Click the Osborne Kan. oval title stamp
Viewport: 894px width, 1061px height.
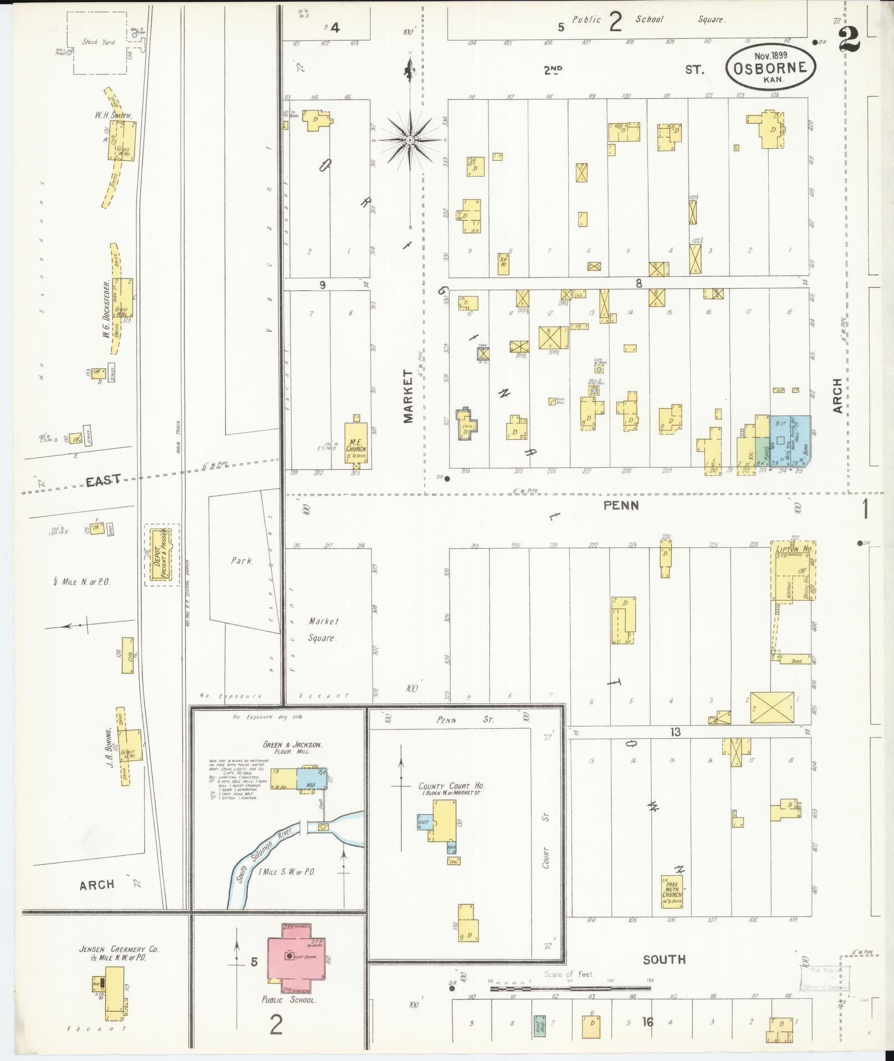tap(771, 66)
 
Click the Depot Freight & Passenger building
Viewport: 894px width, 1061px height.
tap(162, 556)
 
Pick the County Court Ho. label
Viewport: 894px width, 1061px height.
tap(452, 786)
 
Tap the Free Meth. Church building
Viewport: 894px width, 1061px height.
tap(672, 892)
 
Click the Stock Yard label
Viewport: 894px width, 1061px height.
tap(99, 42)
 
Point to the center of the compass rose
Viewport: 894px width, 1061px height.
tap(409, 140)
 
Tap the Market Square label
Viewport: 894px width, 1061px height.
tap(323, 630)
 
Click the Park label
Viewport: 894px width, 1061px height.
tap(242, 561)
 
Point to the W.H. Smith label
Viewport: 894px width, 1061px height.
tap(113, 115)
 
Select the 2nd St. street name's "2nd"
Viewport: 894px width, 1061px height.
tap(552, 70)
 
